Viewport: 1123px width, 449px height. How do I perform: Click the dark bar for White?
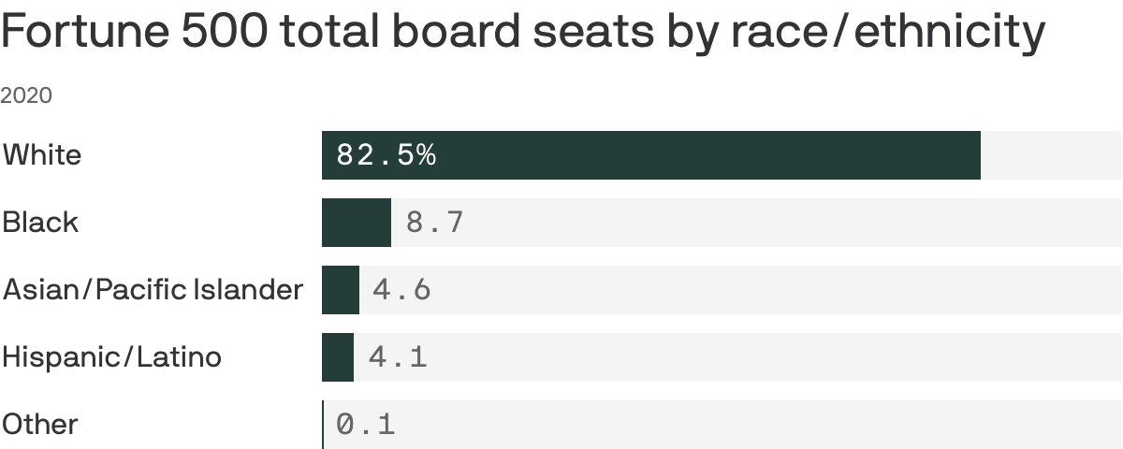point(650,155)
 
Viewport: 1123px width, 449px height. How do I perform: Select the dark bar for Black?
point(356,223)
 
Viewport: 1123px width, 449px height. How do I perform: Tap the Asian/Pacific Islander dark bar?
point(341,290)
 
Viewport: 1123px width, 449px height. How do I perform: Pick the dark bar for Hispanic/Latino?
point(338,357)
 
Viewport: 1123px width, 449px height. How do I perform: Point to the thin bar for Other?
point(323,425)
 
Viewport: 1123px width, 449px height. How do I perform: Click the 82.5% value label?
point(386,155)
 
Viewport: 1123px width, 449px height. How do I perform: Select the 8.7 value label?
point(434,223)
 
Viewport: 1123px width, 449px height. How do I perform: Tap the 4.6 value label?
point(401,290)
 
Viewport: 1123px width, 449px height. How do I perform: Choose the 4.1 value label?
point(398,357)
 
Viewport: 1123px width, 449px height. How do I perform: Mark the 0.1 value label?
point(366,425)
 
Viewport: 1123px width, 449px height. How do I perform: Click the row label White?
point(42,154)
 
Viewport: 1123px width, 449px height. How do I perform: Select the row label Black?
point(40,223)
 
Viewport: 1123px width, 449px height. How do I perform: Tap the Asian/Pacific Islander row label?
point(153,290)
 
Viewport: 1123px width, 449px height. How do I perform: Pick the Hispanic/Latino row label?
point(112,357)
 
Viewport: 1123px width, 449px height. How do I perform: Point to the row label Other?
point(40,425)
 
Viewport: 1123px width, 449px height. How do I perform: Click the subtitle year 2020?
point(26,95)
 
